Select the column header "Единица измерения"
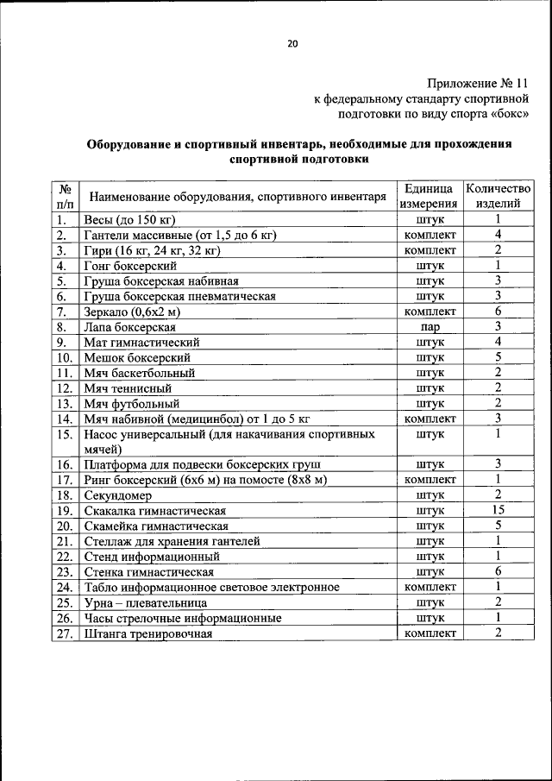[x=429, y=196]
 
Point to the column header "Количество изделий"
[x=498, y=196]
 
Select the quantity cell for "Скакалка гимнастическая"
[x=498, y=510]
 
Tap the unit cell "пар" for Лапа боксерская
[x=429, y=327]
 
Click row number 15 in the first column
[x=64, y=435]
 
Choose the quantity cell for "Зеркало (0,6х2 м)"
[x=498, y=312]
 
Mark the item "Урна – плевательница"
[x=143, y=602]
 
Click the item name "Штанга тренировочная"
[x=147, y=633]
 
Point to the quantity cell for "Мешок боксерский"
[x=498, y=357]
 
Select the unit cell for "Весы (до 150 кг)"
[x=429, y=219]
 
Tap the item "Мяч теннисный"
[x=127, y=388]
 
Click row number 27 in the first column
[x=64, y=633]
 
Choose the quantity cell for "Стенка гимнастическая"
[x=498, y=571]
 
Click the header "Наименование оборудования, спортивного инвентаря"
[x=237, y=197]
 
